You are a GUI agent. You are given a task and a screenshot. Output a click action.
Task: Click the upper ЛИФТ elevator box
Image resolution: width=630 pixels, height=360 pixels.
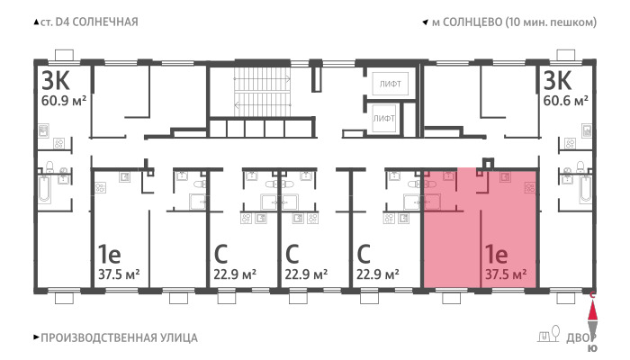coord(390,84)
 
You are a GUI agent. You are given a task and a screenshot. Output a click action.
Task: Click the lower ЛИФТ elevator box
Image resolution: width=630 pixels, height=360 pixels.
coord(383,119)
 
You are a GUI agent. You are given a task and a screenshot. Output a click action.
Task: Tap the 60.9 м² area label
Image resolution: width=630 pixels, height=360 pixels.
coord(64,100)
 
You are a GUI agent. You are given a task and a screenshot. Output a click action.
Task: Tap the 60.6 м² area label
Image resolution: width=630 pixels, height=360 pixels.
coord(566,100)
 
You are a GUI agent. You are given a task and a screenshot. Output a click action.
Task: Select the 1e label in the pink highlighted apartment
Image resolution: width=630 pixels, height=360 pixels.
coord(497,254)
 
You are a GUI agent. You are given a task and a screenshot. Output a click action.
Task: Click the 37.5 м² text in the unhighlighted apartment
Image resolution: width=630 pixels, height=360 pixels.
coord(119,274)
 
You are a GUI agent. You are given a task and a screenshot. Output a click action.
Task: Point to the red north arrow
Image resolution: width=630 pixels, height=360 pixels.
coord(592,310)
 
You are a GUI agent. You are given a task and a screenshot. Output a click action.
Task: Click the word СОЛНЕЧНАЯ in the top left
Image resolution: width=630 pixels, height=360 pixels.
coord(105,22)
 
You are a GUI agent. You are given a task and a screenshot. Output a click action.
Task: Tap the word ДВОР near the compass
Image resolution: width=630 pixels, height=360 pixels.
coord(581,338)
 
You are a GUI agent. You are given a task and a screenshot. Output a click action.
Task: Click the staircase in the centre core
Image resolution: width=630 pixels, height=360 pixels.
coord(263,92)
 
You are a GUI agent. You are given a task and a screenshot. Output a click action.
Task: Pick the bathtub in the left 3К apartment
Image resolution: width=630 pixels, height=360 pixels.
coord(44,189)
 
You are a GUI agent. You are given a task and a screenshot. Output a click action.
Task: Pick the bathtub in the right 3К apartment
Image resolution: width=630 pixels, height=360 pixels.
coord(586,189)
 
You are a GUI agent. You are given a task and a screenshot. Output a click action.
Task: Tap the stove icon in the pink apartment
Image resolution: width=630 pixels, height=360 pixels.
coord(529,187)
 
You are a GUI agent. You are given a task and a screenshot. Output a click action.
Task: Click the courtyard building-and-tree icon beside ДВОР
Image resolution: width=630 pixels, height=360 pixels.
coord(549,334)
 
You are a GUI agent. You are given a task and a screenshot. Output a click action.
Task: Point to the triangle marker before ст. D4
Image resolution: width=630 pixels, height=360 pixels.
coord(36,22)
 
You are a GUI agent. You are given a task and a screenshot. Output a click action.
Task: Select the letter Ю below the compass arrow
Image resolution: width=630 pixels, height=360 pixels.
coord(592,348)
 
